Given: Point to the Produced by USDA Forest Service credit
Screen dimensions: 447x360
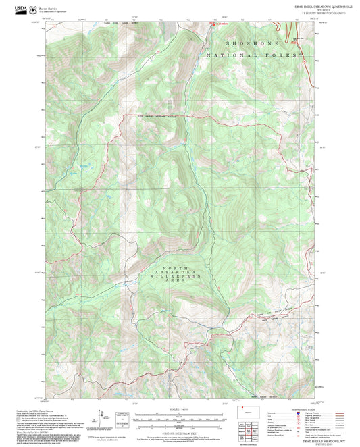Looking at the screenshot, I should (34, 409).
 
